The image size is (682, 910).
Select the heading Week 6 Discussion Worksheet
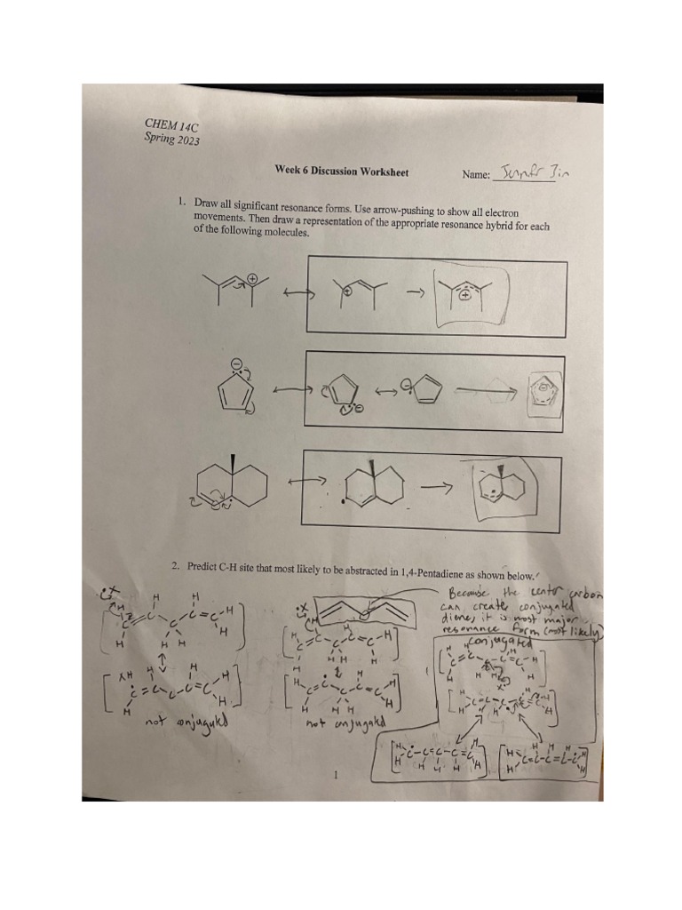click(342, 172)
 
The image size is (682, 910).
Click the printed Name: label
click(476, 175)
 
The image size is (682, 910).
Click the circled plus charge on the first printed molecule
click(252, 279)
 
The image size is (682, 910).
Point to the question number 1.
click(182, 204)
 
